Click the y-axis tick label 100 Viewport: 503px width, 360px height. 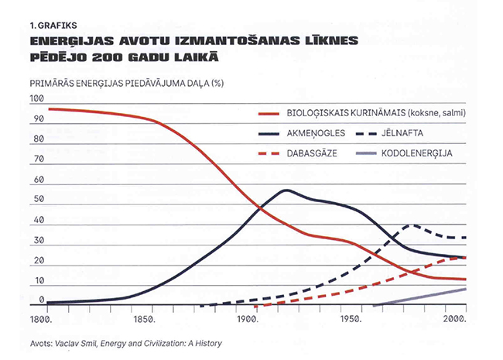37,99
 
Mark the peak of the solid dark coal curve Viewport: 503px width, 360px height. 287,190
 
